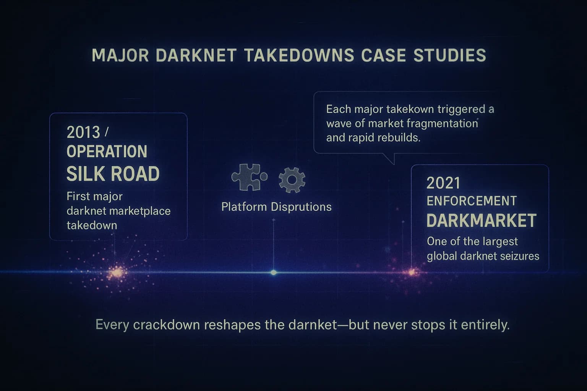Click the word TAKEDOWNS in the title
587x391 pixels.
pyautogui.click(x=299, y=55)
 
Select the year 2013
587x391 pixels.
pyautogui.click(x=83, y=132)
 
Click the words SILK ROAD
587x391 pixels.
pyautogui.click(x=113, y=174)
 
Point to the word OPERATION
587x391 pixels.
pyautogui.click(x=107, y=152)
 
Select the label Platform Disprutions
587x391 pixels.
pyautogui.click(x=276, y=207)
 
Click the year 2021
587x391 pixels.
pyautogui.click(x=443, y=183)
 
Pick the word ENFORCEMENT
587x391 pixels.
pyautogui.click(x=471, y=201)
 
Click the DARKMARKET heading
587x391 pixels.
pyautogui.click(x=481, y=221)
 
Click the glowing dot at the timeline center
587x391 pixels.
pyautogui.click(x=274, y=272)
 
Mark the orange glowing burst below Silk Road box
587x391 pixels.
pyautogui.click(x=117, y=273)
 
